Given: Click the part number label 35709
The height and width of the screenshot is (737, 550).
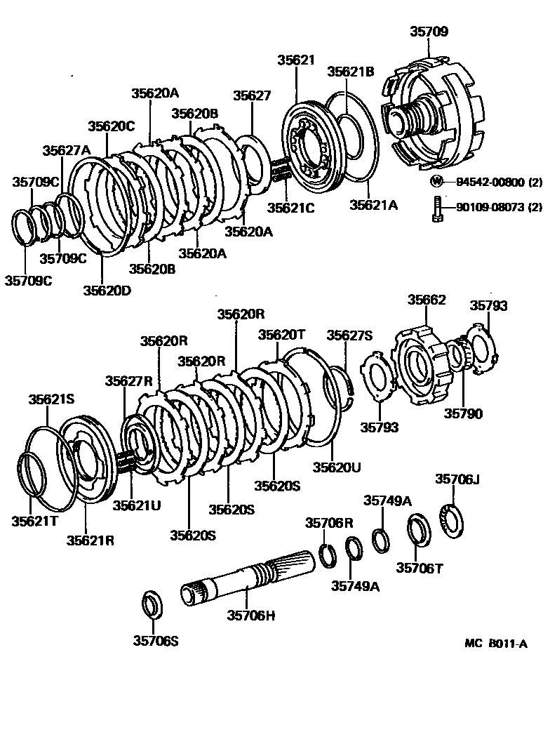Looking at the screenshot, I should point(429,32).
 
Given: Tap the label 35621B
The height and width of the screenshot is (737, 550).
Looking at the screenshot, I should point(351,70).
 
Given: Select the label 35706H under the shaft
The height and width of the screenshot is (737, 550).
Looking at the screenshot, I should point(250,616).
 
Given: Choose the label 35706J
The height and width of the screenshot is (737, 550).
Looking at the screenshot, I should point(457,479).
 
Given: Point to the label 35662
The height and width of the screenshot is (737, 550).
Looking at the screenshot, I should point(427,300).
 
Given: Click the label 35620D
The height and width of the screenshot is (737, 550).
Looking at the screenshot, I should point(107,288).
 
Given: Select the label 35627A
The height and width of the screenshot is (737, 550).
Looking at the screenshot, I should point(67,150).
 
